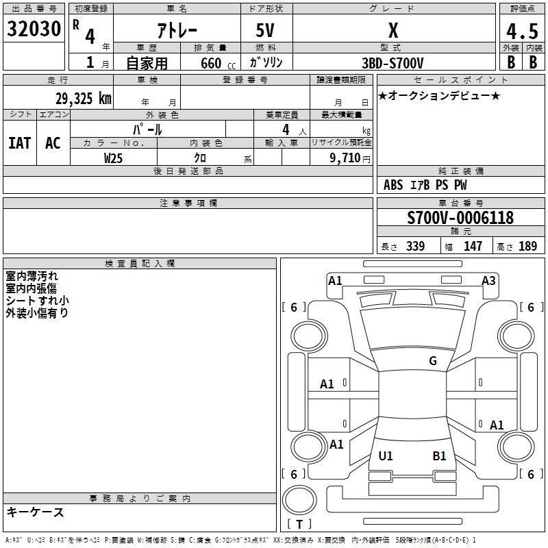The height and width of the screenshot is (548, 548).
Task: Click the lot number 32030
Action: pos(34,29)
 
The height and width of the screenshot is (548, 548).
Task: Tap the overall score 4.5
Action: pos(522,31)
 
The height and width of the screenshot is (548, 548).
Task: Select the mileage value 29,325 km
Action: pos(83,99)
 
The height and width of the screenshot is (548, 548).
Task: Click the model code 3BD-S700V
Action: pos(393,63)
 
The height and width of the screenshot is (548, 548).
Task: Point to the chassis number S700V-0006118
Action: pos(460,218)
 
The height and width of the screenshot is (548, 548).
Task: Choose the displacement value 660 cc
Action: pos(218,63)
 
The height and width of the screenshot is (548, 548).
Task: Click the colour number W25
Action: pos(113,158)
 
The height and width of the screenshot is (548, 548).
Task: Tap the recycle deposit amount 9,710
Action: pos(345,158)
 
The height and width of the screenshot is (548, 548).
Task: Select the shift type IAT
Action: pos(20,143)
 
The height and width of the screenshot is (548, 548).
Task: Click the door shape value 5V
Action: pos(265,30)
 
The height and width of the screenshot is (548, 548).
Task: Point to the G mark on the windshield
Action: pos(433,361)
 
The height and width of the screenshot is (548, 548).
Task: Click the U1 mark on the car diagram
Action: pos(386,456)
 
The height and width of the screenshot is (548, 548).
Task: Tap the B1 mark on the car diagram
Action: pos(439,456)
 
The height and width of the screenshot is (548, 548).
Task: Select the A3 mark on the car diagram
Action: pos(488,281)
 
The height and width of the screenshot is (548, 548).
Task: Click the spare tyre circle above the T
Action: pos(299,500)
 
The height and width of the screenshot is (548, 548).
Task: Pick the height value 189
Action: pos(527,246)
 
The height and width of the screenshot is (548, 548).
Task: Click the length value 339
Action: pos(416,246)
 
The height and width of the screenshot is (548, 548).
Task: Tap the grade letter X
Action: pos(393,30)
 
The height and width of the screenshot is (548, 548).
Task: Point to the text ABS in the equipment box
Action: pos(393,185)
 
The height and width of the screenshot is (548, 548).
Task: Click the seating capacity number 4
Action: pos(286,130)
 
